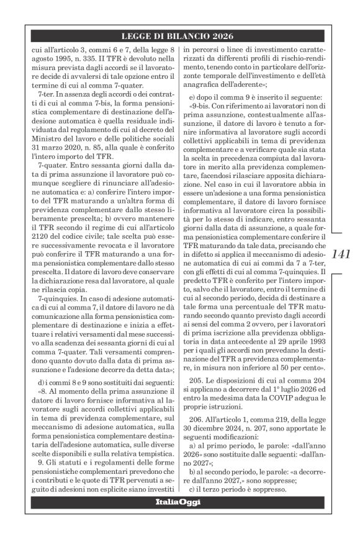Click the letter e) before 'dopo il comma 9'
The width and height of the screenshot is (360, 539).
pyautogui.click(x=192, y=93)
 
